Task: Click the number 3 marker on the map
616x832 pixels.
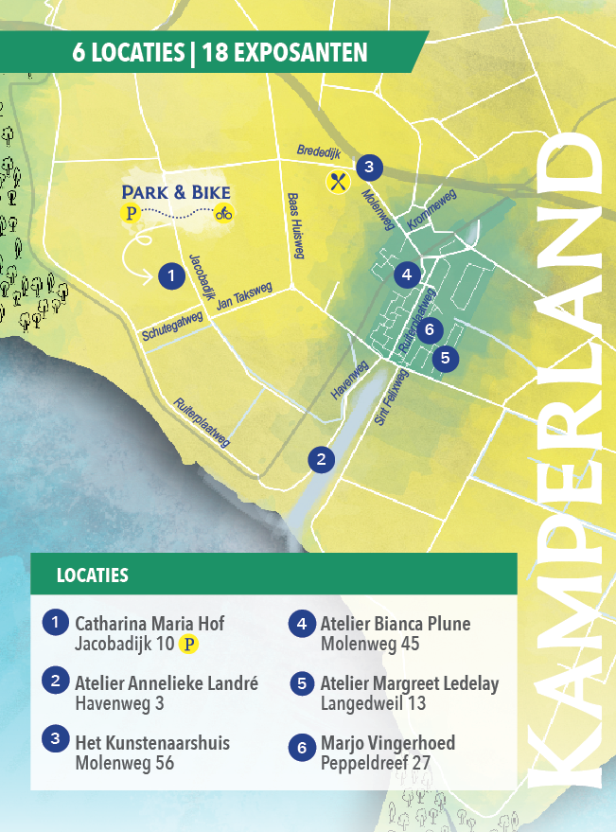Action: click(x=369, y=168)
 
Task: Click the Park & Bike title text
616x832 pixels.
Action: click(x=176, y=192)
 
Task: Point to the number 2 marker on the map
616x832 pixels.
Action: click(x=322, y=459)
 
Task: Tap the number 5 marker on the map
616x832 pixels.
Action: click(x=444, y=359)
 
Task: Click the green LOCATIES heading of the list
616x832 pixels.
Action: click(x=93, y=575)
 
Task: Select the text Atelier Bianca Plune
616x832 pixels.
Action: click(x=396, y=624)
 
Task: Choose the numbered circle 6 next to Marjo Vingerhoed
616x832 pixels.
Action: click(x=302, y=748)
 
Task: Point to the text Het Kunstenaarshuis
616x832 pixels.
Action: click(x=152, y=743)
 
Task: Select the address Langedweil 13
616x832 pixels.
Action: click(x=373, y=703)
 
